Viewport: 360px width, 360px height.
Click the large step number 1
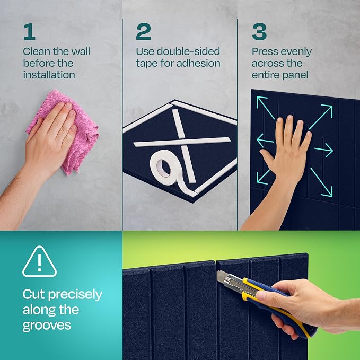29,32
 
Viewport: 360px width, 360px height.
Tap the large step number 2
143,32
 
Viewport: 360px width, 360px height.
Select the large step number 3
259,32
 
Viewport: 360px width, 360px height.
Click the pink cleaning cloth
67,131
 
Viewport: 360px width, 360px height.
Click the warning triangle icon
39,261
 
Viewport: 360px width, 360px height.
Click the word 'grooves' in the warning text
47,326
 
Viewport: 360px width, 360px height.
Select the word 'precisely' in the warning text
75,295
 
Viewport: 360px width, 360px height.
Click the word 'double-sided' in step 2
188,51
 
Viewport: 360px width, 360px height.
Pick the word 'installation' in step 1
49,75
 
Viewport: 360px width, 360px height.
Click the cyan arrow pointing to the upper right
321,117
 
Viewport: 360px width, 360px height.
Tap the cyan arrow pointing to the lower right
321,182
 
